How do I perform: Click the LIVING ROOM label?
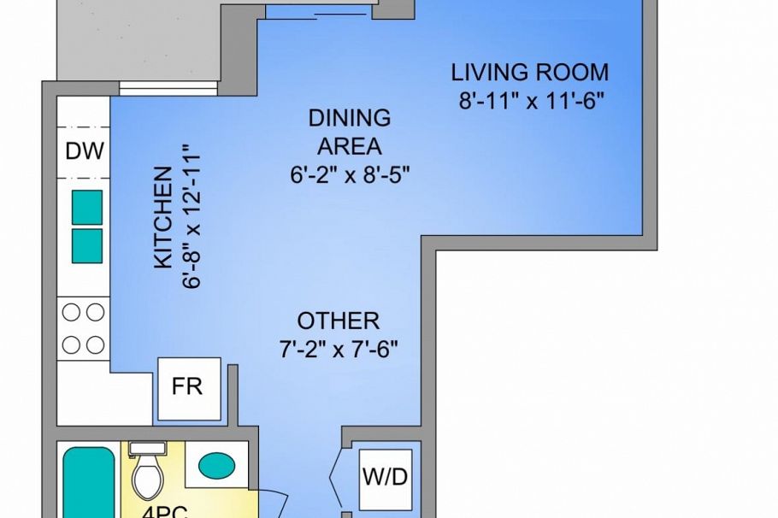pos(530,72)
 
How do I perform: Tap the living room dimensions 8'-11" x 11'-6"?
pos(532,101)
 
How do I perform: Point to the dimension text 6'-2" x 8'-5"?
pos(350,175)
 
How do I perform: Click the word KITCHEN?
pos(162,218)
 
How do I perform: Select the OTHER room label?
pos(339,321)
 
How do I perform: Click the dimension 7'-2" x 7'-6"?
pos(339,350)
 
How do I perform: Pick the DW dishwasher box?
pos(85,152)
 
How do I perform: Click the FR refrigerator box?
pos(188,386)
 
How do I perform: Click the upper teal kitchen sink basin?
pos(86,206)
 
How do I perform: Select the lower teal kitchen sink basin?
pos(86,246)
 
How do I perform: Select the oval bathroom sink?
pos(216,467)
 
